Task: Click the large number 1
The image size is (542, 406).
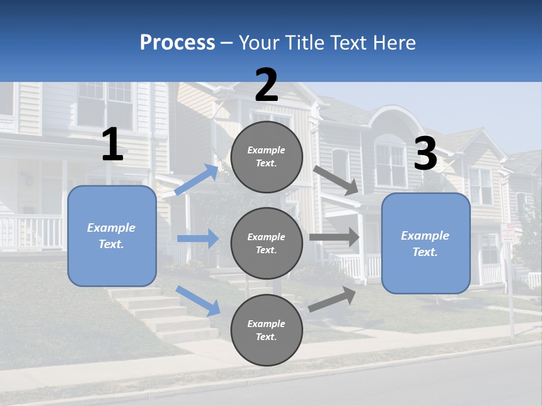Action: click(x=112, y=145)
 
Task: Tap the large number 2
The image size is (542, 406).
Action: click(x=266, y=85)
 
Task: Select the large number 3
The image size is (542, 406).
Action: click(x=426, y=155)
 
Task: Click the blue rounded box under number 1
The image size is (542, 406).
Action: click(x=112, y=236)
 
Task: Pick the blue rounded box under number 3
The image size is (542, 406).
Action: click(x=426, y=243)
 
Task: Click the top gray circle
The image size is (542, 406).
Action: click(x=266, y=157)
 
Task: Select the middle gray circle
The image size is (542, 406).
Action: click(x=266, y=243)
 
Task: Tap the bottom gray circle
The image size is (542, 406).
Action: click(x=266, y=330)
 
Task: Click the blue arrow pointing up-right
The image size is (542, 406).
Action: click(x=196, y=180)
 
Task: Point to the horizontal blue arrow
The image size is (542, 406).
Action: click(x=198, y=239)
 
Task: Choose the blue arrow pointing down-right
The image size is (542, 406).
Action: click(x=198, y=301)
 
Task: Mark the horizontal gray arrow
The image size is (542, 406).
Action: click(x=334, y=237)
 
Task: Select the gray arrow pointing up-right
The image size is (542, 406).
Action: click(x=333, y=299)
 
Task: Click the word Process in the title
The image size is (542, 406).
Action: click(x=177, y=42)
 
